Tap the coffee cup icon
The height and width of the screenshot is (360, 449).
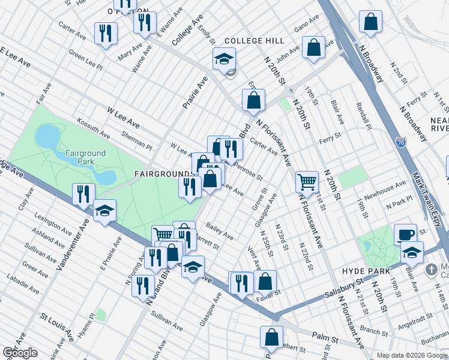pyautogui.click(x=405, y=234)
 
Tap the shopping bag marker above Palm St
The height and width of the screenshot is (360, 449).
pyautogui.click(x=271, y=337)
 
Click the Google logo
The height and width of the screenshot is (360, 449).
pyautogui.click(x=20, y=352)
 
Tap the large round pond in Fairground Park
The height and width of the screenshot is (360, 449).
pyautogui.click(x=46, y=136)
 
